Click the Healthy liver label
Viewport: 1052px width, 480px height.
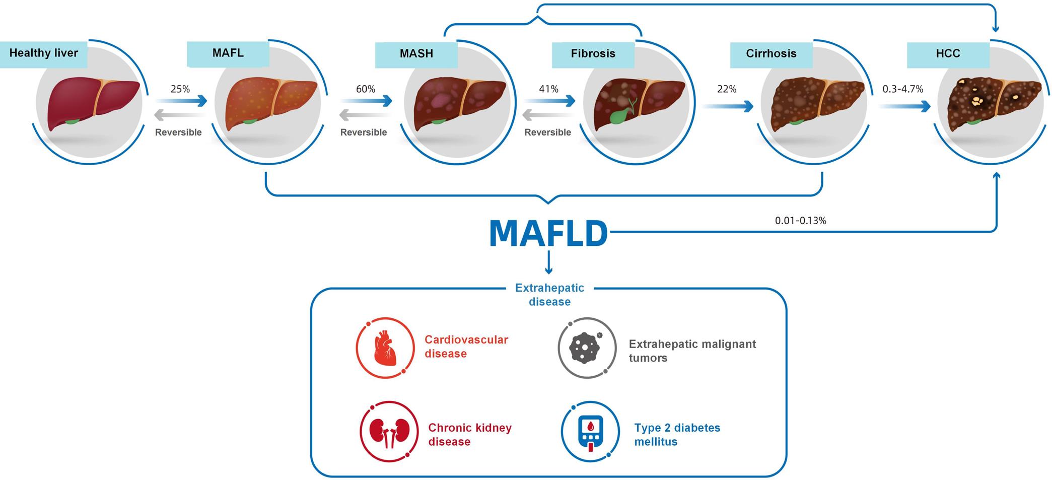coord(43,53)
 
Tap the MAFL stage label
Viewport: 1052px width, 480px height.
coord(228,53)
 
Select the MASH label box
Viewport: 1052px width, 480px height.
coord(416,54)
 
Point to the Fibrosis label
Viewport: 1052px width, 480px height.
coord(593,54)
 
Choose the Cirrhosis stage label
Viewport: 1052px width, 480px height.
coord(771,54)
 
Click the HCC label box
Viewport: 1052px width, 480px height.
coord(948,54)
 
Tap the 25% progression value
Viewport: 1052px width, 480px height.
coord(180,89)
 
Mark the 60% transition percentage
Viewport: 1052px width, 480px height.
coord(366,89)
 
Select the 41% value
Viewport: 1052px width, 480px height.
coord(548,89)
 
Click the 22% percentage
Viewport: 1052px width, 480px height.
coord(727,89)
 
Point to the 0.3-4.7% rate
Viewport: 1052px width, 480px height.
coord(903,89)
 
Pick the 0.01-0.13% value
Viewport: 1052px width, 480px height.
coord(800,221)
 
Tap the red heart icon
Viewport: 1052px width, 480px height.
coord(385,348)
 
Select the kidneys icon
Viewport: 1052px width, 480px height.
coord(388,432)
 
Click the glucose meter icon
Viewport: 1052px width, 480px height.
coord(590,432)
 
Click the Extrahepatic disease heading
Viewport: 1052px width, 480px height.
coord(549,295)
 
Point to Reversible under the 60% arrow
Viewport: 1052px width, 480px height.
coord(363,132)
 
